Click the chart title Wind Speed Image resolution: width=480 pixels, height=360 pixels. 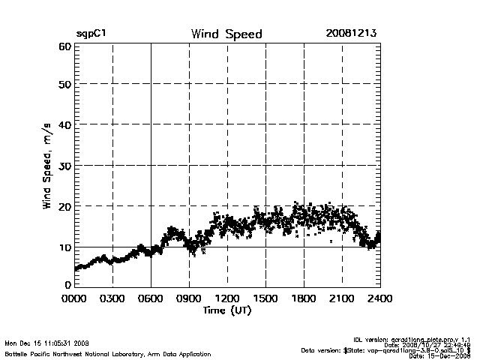pos(226,34)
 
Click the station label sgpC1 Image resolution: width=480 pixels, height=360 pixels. pos(90,34)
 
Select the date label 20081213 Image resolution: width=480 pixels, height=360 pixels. pos(351,34)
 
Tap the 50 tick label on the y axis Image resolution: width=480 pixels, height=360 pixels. pos(64,84)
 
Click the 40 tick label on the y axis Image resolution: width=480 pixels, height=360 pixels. pos(64,124)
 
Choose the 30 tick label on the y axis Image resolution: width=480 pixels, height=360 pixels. pos(64,165)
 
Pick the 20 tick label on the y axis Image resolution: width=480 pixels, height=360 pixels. pos(64,205)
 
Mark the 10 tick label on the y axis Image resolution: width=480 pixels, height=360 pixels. pos(64,247)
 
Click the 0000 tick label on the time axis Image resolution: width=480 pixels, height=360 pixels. pos(74,298)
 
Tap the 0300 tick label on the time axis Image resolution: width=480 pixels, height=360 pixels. pos(112,298)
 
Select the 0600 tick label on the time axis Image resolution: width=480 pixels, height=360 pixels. pos(151,298)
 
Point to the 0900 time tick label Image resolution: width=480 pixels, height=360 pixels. pos(189,298)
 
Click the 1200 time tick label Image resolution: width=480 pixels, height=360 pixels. pos(227,298)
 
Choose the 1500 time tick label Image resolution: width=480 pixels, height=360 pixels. pos(265,298)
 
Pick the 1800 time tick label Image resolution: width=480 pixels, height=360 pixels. pos(304,298)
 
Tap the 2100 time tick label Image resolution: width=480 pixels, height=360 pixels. pos(342,298)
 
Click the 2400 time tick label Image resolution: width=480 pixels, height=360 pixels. pos(380,298)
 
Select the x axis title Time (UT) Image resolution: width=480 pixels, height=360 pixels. pos(226,310)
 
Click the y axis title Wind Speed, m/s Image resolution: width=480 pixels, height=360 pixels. pos(47,166)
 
